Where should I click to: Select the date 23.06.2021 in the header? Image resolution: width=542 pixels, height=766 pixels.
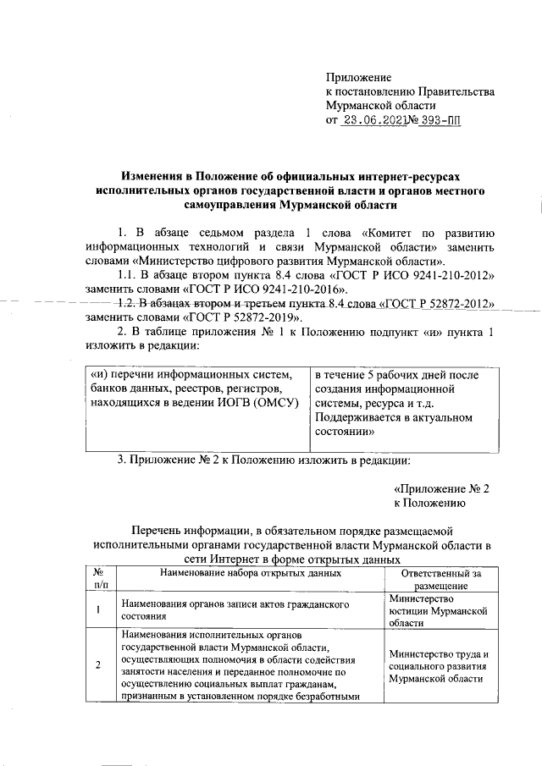373,121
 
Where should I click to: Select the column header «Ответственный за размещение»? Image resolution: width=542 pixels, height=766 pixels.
440,579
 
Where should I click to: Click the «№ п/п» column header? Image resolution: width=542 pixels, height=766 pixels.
100,579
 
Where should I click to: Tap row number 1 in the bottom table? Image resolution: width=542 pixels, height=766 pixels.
100,611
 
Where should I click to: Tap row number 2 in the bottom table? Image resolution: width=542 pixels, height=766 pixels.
100,665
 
